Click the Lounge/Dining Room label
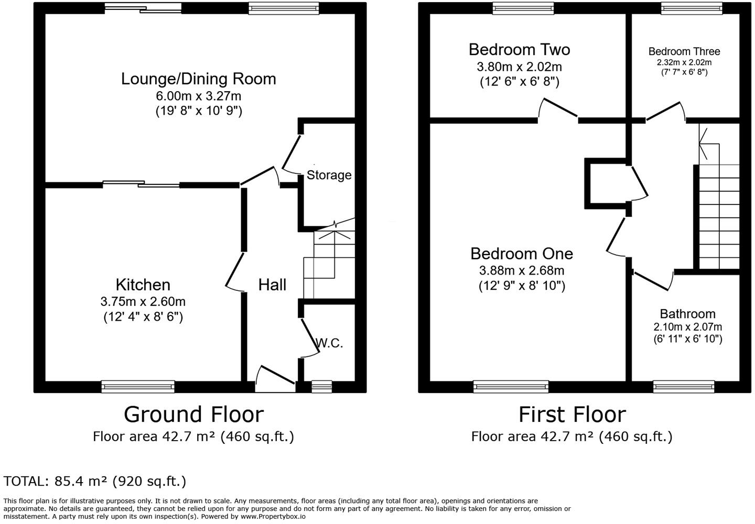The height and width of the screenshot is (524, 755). pyautogui.click(x=199, y=79)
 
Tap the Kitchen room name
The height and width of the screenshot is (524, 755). pyautogui.click(x=143, y=285)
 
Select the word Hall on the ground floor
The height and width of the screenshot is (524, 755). pyautogui.click(x=272, y=285)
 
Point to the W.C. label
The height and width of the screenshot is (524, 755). pyautogui.click(x=329, y=343)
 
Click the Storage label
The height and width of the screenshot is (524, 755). pyautogui.click(x=329, y=175)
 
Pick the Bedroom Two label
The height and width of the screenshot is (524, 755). pyautogui.click(x=520, y=50)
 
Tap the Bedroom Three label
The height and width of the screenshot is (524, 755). pyautogui.click(x=684, y=51)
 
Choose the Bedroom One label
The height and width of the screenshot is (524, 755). pyautogui.click(x=521, y=254)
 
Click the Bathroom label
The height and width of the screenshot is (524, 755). pyautogui.click(x=687, y=314)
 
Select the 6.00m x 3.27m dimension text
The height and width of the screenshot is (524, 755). pyautogui.click(x=199, y=96)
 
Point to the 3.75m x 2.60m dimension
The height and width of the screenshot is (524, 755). pyautogui.click(x=143, y=301)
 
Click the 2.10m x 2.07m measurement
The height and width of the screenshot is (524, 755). pyautogui.click(x=687, y=326)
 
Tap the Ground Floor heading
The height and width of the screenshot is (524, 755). pyautogui.click(x=194, y=414)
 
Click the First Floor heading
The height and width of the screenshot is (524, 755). pyautogui.click(x=572, y=414)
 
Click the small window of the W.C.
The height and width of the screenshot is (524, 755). pyautogui.click(x=321, y=387)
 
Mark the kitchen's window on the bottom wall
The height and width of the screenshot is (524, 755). pyautogui.click(x=138, y=387)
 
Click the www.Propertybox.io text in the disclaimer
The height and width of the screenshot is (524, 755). pyautogui.click(x=273, y=517)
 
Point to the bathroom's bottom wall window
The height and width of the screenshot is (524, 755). pyautogui.click(x=684, y=387)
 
